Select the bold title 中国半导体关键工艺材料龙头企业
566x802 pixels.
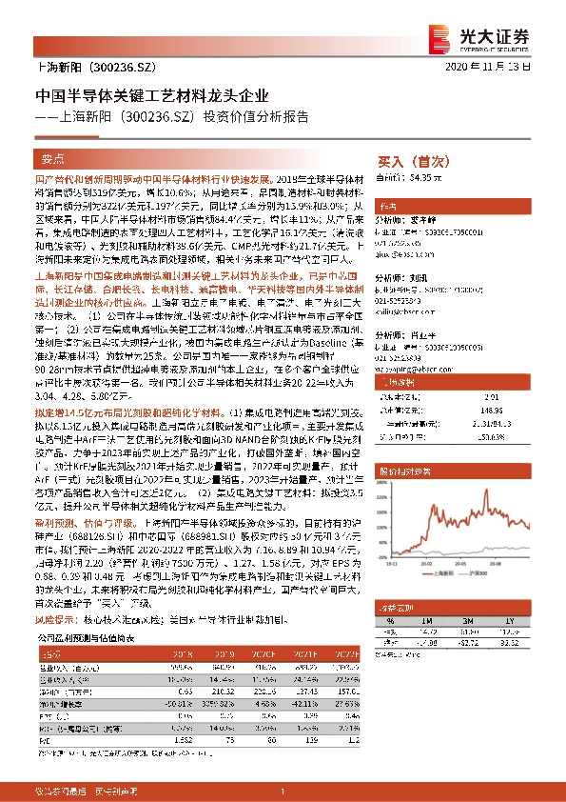pyautogui.click(x=152, y=96)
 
